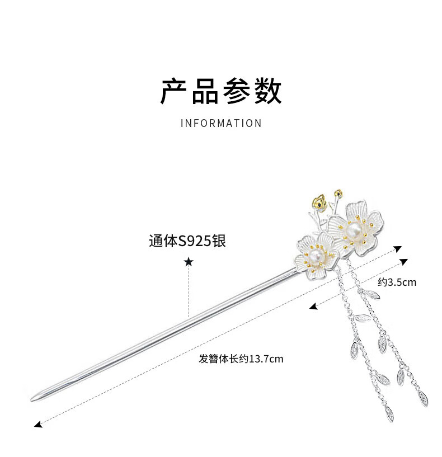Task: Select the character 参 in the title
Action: pos(237,91)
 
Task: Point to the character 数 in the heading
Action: pos(268,91)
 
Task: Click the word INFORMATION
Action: pos(221,123)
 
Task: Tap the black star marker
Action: pos(189,262)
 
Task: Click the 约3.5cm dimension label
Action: pos(397,282)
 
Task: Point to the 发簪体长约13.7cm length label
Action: pos(241,359)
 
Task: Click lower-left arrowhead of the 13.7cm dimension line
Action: pos(37,426)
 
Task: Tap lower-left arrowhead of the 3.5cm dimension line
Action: pos(313,307)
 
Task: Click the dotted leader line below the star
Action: pos(189,291)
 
